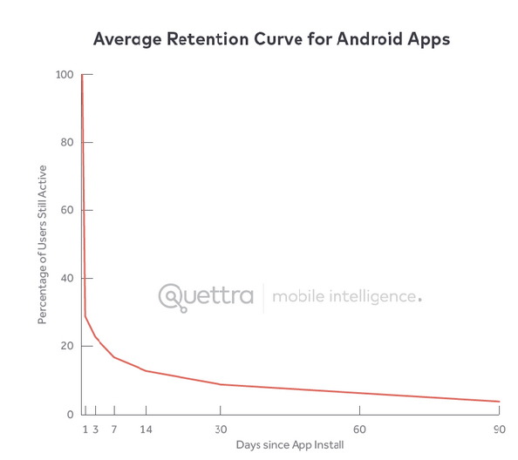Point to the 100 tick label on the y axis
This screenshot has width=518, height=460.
tap(64, 75)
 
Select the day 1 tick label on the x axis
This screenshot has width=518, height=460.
tap(85, 430)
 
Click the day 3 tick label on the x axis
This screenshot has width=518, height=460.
tap(95, 430)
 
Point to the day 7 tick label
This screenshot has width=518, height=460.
tap(114, 430)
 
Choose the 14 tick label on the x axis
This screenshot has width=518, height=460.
tap(146, 430)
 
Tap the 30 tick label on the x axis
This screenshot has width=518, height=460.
tap(221, 430)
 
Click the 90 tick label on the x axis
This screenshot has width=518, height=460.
tap(499, 430)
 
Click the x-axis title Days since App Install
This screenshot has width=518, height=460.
tap(290, 445)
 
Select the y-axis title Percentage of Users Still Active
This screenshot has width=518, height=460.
tap(42, 245)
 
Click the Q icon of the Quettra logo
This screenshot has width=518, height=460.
tap(172, 297)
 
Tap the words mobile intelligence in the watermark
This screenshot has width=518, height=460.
tap(346, 297)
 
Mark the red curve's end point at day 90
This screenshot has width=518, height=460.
tap(499, 402)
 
